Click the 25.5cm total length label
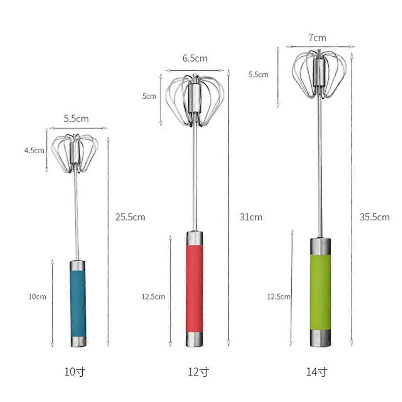[x=130, y=217]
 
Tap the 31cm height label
[x=251, y=217]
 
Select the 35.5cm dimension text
[x=375, y=217]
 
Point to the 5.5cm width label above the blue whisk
[x=76, y=118]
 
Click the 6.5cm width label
[x=195, y=59]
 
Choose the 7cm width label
[x=317, y=38]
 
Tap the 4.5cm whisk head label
[x=35, y=150]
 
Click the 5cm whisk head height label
[x=149, y=96]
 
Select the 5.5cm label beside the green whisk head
[x=258, y=75]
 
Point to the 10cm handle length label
[x=37, y=296]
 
